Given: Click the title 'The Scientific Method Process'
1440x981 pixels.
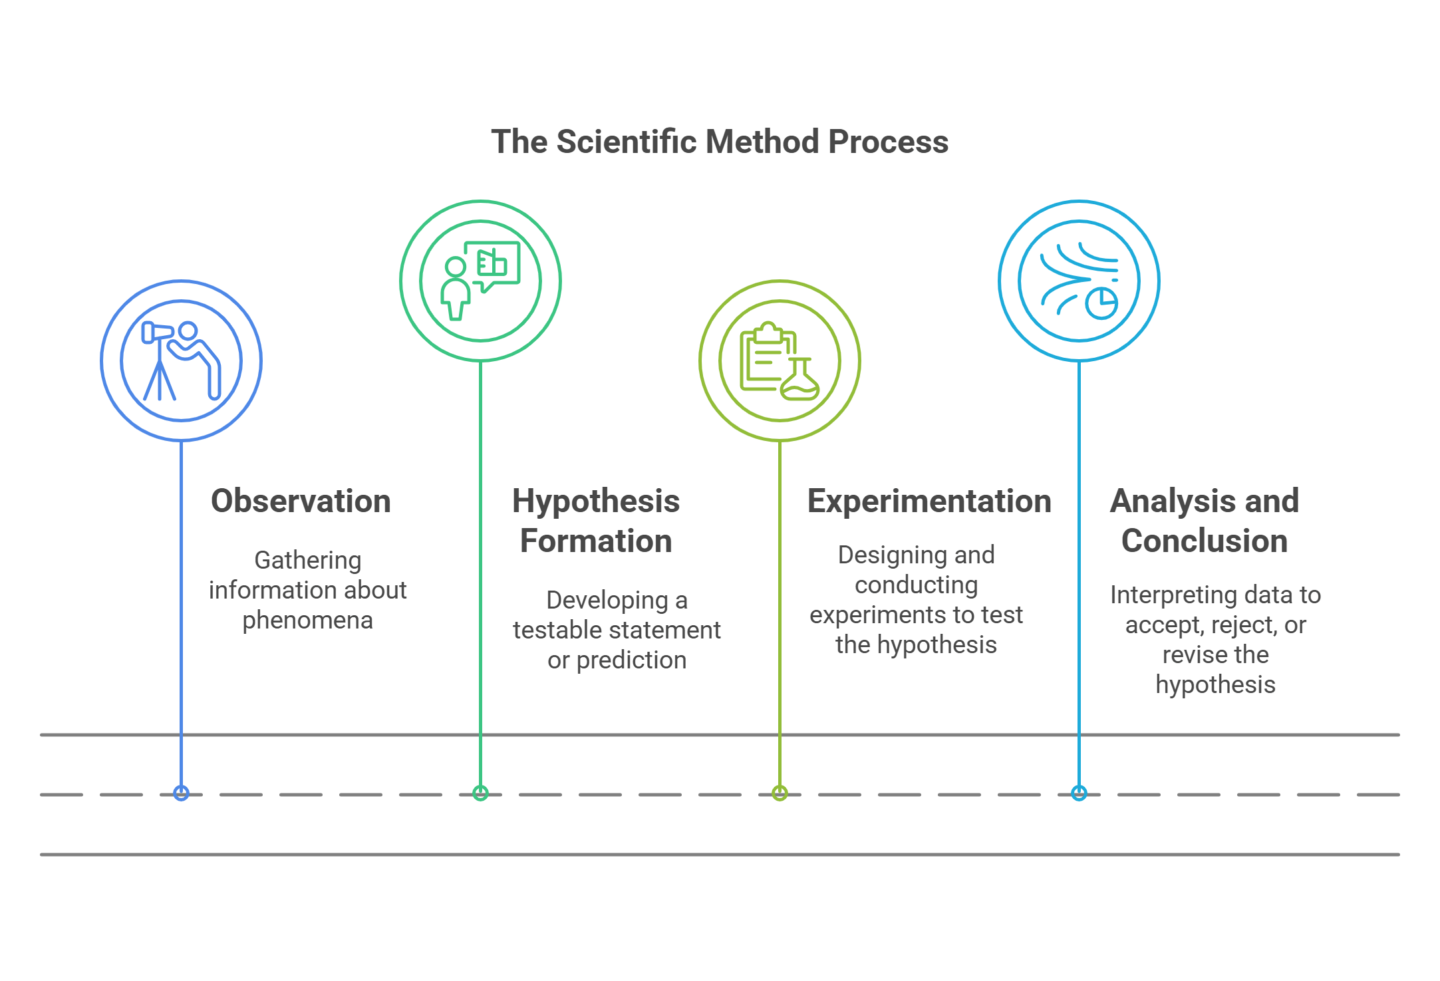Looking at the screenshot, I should [x=720, y=142].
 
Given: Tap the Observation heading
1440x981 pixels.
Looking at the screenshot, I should [x=301, y=501].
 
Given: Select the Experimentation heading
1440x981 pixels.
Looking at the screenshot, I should [x=929, y=501].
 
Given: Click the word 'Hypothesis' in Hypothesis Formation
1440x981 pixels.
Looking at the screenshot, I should [x=595, y=501].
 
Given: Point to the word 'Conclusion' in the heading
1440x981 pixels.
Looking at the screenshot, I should [x=1204, y=541].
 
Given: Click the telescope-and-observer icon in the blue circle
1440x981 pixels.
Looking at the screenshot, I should [x=181, y=360].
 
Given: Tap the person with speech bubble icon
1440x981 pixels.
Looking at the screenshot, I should [x=480, y=281].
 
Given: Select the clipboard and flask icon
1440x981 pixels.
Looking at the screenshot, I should [x=780, y=360].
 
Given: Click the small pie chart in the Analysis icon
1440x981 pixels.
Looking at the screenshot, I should [x=1101, y=303].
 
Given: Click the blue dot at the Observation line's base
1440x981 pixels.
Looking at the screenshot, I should [x=181, y=793].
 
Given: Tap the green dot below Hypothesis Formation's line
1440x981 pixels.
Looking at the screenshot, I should [x=480, y=793].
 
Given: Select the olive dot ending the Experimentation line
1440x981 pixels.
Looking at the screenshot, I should [x=780, y=793].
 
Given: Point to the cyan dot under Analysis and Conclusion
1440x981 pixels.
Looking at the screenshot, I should [x=1079, y=793].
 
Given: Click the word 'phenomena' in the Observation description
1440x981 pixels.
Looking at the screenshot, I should [x=307, y=621].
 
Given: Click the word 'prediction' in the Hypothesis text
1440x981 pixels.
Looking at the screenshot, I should [x=631, y=660].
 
